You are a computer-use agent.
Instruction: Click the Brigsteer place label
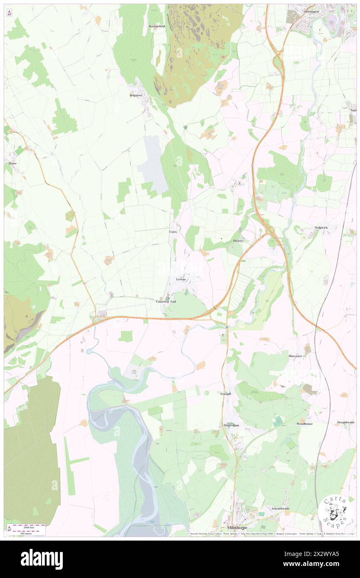tap(136, 95)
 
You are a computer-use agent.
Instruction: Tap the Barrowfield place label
tap(157, 26)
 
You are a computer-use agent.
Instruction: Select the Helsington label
tap(311, 12)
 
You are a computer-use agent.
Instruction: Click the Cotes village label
tap(173, 231)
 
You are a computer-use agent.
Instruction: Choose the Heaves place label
tap(238, 241)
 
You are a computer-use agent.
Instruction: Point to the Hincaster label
tap(298, 356)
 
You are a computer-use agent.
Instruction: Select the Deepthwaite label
tap(346, 422)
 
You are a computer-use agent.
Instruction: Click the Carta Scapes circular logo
tap(336, 511)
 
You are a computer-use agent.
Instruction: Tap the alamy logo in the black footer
tap(42, 559)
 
